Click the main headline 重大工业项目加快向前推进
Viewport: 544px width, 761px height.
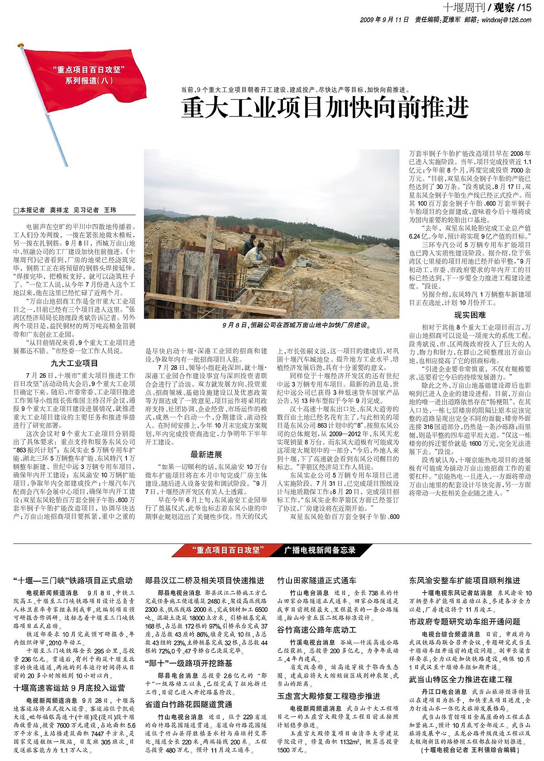[325, 108]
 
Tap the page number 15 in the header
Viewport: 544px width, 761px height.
[525, 7]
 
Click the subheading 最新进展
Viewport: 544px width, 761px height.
[206, 454]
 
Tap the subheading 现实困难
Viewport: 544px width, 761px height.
[470, 315]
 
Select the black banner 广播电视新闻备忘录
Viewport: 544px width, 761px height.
[320, 550]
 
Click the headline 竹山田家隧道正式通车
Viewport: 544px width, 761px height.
[316, 581]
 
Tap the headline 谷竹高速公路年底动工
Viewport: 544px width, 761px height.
[316, 630]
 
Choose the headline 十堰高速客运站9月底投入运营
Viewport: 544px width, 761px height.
[69, 688]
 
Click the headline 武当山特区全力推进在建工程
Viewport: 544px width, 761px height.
[461, 679]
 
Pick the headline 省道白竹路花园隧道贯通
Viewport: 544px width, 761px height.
[189, 704]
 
